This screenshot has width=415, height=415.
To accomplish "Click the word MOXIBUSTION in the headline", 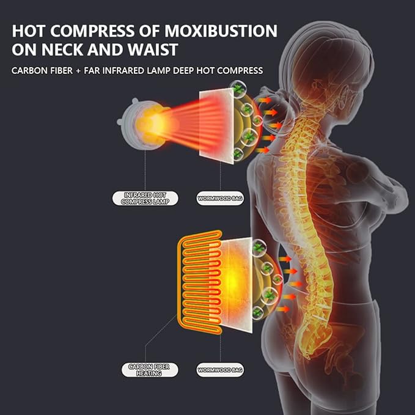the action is coord(221,31).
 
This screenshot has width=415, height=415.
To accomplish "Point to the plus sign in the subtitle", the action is coord(78,71).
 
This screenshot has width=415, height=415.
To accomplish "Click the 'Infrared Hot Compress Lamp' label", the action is coord(145,198).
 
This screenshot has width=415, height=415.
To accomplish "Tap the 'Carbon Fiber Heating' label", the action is coord(150,370).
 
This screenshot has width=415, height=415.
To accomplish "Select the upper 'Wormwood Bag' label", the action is coord(220,198).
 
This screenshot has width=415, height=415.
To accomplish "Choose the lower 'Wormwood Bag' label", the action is coord(220,370).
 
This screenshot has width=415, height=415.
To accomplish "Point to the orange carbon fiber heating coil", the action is coord(200,282).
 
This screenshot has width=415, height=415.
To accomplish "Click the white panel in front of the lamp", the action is coord(216,127).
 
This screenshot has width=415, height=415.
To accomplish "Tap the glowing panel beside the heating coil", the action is coord(235,285).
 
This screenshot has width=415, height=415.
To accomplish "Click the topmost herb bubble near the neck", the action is coord(238,89).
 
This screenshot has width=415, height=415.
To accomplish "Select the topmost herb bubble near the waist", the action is coord(259,248).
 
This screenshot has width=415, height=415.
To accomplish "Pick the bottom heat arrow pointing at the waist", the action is coord(282,309).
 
